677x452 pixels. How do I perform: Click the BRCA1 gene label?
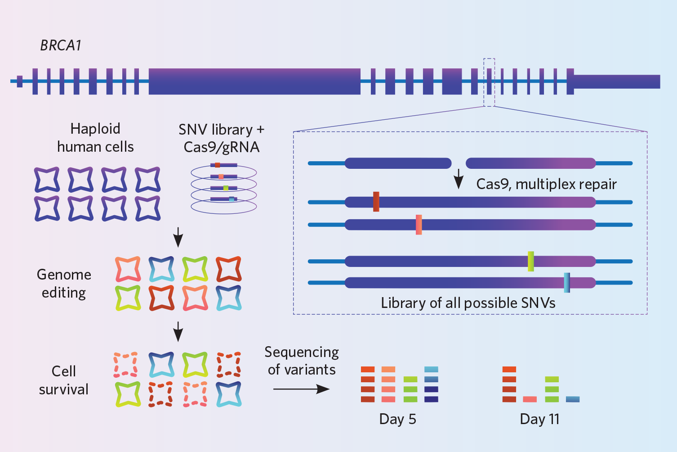pos(61,45)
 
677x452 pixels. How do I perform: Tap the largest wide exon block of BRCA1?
pos(254,81)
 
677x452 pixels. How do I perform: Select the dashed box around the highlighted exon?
pos(489,82)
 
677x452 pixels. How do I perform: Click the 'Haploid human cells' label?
pos(95,138)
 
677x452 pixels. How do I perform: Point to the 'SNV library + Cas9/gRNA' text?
pos(222,138)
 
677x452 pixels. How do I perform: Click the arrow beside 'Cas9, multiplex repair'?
pos(459,179)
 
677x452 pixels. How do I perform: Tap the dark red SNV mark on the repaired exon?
pos(376,202)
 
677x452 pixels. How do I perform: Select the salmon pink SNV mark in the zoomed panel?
pos(419,225)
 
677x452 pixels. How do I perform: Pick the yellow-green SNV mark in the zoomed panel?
pos(531,261)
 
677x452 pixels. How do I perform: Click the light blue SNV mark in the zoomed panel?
pos(567,283)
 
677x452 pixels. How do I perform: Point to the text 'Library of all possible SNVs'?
pos(468,303)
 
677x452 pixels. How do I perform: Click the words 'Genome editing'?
pos(64,284)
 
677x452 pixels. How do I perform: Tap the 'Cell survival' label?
pos(63,380)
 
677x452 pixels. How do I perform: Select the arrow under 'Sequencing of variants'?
pos(301,389)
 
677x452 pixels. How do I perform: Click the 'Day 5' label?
pos(397,419)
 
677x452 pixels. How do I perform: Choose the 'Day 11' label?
pos(539,419)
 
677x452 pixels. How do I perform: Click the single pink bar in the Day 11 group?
pos(530,399)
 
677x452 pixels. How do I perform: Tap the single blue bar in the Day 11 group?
pos(573,399)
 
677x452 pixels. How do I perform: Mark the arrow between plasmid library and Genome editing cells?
pos(178,237)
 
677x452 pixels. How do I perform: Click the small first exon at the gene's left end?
pos(20,81)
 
